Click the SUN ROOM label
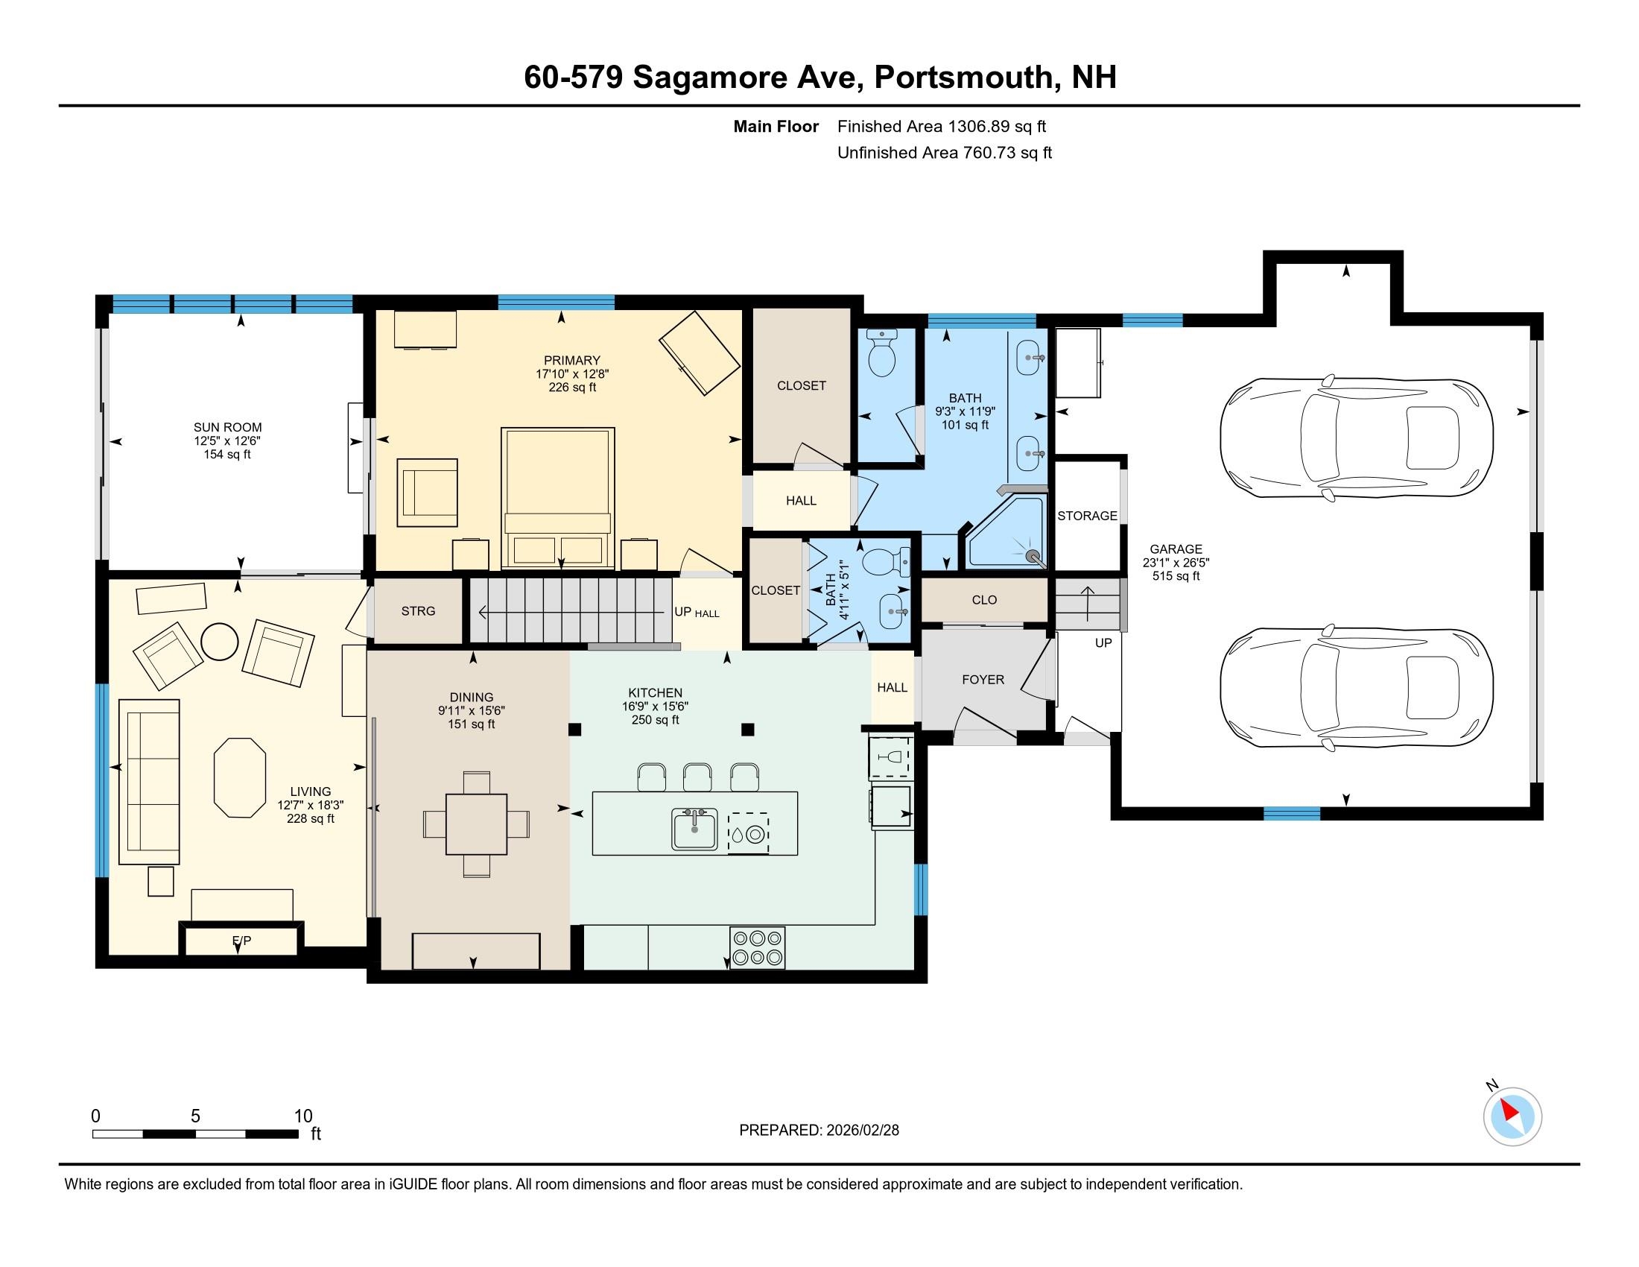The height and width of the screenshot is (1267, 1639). (x=227, y=428)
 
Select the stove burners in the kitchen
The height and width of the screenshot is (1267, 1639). (x=757, y=947)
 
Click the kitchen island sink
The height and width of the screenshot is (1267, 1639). (x=694, y=830)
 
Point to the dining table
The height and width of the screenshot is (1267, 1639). (x=476, y=824)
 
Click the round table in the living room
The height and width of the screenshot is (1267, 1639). (x=219, y=642)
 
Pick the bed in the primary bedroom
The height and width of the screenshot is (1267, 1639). (x=557, y=497)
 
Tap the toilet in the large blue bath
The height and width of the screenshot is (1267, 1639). (x=882, y=354)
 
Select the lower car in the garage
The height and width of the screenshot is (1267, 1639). (x=1356, y=688)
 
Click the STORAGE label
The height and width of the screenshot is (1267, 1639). (x=1087, y=516)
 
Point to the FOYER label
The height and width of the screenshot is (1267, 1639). (x=983, y=679)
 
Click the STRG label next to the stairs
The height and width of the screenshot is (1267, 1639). (x=418, y=611)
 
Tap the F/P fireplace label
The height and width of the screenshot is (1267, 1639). (x=241, y=941)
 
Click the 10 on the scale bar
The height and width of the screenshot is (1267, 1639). (x=302, y=1116)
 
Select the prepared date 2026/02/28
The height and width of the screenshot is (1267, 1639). (x=860, y=1131)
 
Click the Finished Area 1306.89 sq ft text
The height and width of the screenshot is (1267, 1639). (x=941, y=127)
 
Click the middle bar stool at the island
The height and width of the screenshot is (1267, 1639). (x=697, y=777)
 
